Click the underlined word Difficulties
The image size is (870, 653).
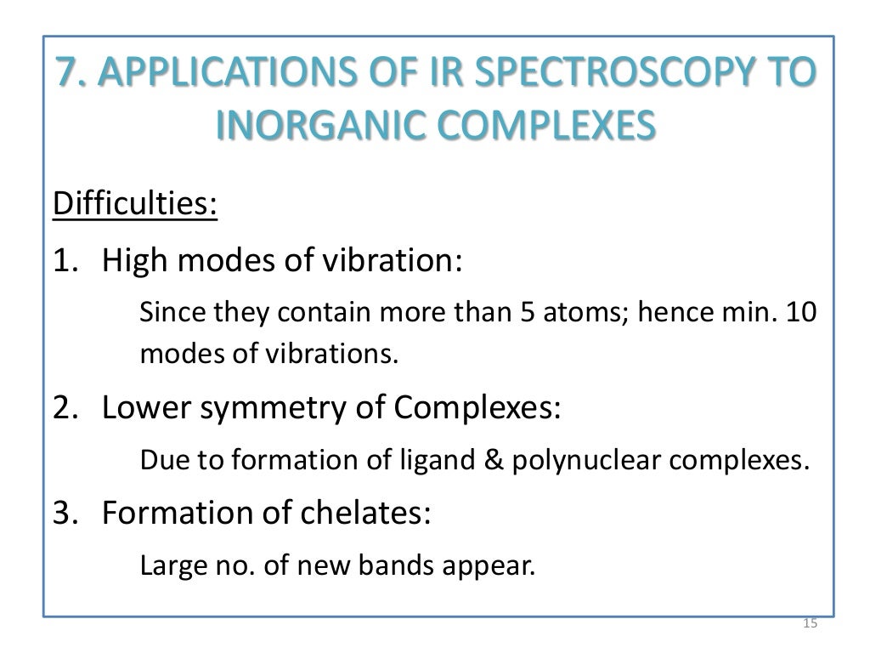tap(135, 204)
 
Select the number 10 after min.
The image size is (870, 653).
tap(800, 313)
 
